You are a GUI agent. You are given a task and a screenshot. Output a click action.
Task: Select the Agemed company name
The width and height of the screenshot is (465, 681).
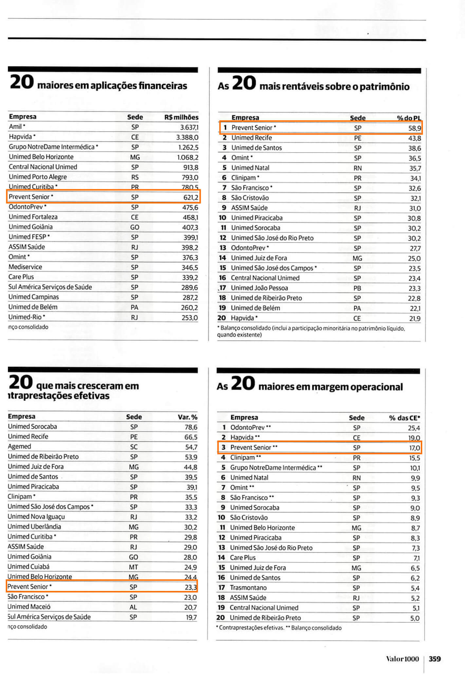click(19, 447)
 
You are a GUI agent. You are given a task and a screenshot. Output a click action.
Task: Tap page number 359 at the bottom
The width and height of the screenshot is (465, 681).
click(435, 659)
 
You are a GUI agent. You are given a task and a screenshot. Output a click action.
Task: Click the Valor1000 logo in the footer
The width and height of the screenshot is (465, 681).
click(402, 659)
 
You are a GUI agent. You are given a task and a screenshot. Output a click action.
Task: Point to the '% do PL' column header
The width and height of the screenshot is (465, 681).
click(409, 118)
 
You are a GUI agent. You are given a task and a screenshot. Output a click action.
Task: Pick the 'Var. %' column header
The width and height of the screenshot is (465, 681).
click(187, 417)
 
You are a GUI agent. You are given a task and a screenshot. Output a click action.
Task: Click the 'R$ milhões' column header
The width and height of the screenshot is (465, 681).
click(181, 117)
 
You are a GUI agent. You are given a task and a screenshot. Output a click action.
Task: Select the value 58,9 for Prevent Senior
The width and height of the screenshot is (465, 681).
click(415, 128)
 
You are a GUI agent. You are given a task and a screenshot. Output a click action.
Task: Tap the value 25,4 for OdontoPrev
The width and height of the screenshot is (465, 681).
click(414, 428)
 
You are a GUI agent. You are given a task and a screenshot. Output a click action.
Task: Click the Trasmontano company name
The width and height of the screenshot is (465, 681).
click(248, 588)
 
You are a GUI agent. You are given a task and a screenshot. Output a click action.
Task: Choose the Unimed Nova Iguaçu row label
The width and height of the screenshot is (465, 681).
click(36, 517)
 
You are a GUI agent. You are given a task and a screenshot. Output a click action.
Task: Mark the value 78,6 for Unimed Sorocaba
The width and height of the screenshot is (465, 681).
click(191, 427)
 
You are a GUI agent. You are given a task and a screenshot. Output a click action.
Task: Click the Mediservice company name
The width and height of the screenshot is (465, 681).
click(25, 267)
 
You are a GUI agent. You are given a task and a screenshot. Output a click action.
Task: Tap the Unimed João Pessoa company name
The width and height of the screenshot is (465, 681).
click(259, 288)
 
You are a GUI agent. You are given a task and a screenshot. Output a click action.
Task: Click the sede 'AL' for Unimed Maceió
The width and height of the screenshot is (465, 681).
click(133, 607)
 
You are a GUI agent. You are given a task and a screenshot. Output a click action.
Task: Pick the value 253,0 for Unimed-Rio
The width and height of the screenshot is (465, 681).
click(190, 318)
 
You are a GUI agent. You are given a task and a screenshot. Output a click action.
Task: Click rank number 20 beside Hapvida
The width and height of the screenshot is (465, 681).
click(222, 318)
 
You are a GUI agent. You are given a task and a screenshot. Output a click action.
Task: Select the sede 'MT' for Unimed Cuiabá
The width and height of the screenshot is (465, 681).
click(134, 567)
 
